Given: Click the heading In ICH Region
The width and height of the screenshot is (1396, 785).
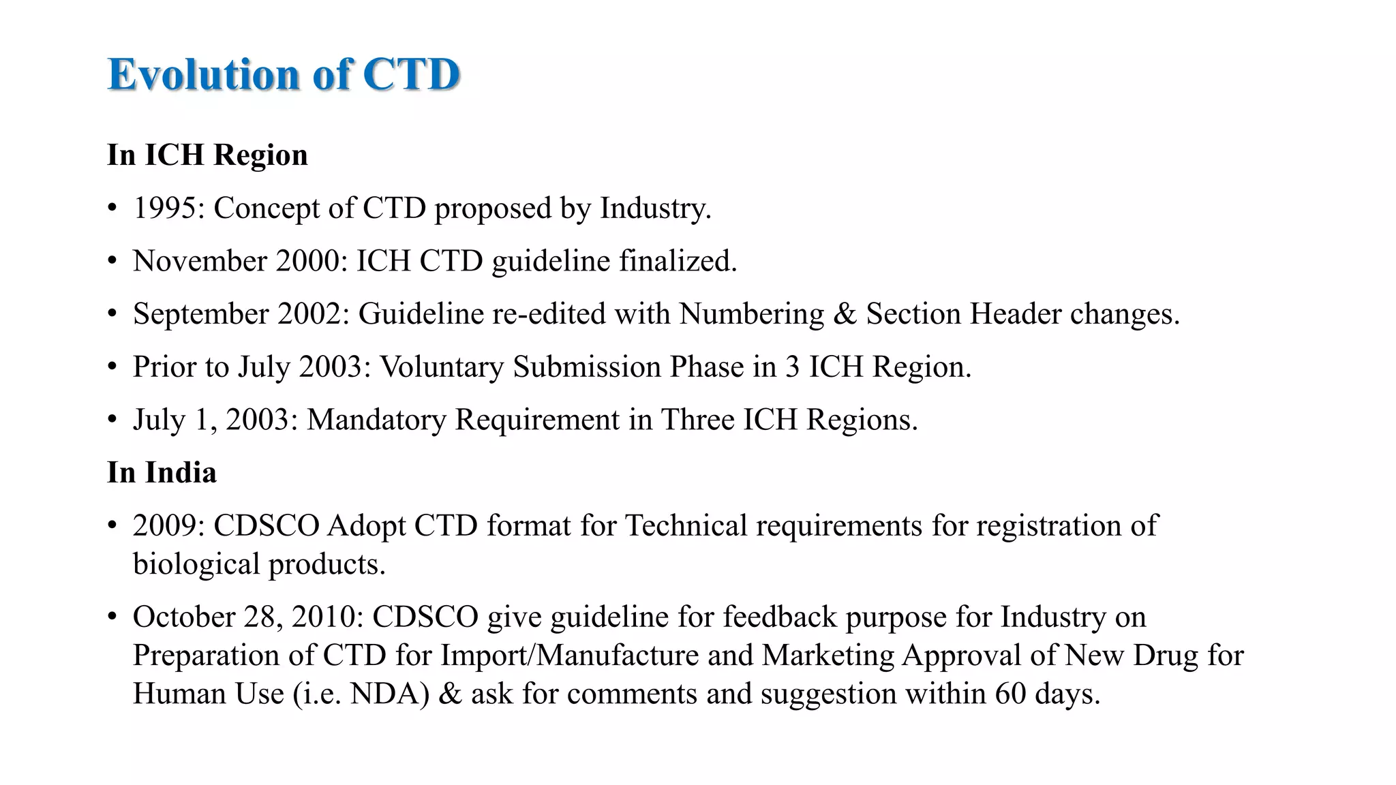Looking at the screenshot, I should [207, 155].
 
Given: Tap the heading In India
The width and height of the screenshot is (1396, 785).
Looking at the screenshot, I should [162, 473].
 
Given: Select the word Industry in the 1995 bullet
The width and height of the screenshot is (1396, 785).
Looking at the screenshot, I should [654, 209].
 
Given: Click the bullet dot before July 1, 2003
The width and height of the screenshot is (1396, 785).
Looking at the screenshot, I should [113, 420].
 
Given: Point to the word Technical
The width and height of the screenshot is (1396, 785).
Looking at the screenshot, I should [686, 526].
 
